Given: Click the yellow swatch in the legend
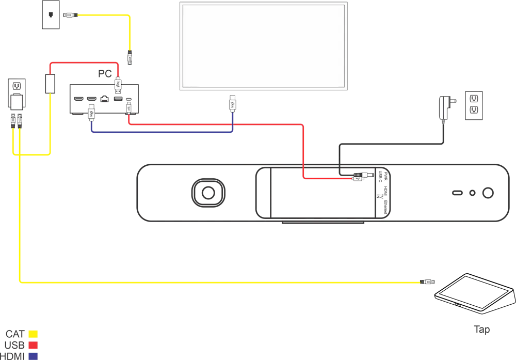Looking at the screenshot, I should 34,333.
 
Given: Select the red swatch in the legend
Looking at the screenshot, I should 34,345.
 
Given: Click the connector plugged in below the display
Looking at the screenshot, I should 233,104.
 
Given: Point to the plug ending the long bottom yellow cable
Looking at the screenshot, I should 428,281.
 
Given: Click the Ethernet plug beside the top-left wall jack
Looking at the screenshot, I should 69,15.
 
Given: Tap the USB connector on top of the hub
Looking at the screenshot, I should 118,86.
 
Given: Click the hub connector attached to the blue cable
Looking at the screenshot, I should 91,112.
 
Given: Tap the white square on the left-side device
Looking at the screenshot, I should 17,101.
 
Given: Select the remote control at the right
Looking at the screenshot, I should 472,107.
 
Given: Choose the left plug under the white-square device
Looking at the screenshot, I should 12,121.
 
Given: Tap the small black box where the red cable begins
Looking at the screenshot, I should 49,83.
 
